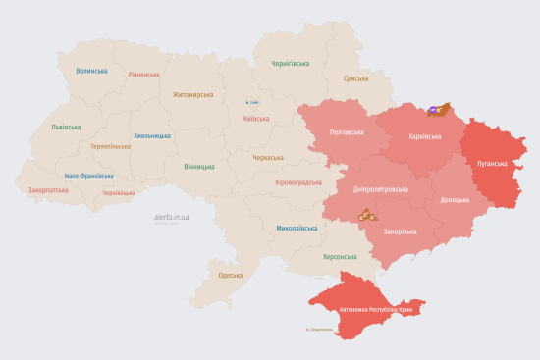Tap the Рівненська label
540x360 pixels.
pyautogui.click(x=144, y=75)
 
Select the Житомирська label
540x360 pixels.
pyautogui.click(x=192, y=95)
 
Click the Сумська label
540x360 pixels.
pyautogui.click(x=355, y=78)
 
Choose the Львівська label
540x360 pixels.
pyautogui.click(x=67, y=128)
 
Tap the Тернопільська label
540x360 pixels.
pyautogui.click(x=110, y=146)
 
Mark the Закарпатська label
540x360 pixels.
pyautogui.click(x=48, y=190)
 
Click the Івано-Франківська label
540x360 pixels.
pyautogui.click(x=88, y=176)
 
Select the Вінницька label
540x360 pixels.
pyautogui.click(x=199, y=166)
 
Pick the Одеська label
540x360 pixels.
pyautogui.click(x=231, y=275)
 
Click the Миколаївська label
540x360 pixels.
pyautogui.click(x=297, y=228)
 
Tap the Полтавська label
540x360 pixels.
pyautogui.click(x=347, y=131)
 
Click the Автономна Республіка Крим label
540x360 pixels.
pyautogui.click(x=378, y=309)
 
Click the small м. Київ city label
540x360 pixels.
pyautogui.click(x=252, y=102)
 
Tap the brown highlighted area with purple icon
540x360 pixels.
pyautogui.click(x=437, y=110)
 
